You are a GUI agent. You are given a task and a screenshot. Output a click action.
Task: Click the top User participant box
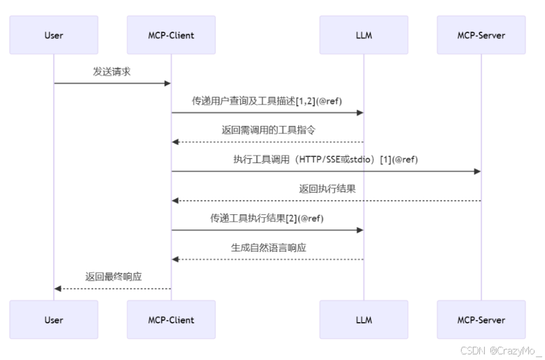click(54, 35)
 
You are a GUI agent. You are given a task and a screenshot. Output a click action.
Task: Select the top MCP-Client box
click(171, 35)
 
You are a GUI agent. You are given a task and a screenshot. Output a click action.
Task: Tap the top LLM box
click(364, 35)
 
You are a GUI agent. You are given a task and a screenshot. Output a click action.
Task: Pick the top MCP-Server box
click(481, 35)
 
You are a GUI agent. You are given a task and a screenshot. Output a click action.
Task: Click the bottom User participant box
click(54, 320)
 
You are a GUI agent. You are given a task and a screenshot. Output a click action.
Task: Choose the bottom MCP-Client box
click(171, 320)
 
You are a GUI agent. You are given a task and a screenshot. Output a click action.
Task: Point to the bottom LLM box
click(364, 320)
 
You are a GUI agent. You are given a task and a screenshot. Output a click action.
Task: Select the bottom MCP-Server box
click(481, 320)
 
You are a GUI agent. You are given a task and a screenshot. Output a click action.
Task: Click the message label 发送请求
click(112, 71)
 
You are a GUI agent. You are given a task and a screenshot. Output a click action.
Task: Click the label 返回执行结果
click(326, 188)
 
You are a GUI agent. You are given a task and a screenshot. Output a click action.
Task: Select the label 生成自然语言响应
click(268, 247)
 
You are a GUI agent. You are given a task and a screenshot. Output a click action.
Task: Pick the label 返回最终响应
click(113, 276)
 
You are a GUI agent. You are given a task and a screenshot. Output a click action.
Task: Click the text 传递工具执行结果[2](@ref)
click(267, 218)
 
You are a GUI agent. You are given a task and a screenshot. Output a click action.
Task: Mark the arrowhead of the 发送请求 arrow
click(167, 83)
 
